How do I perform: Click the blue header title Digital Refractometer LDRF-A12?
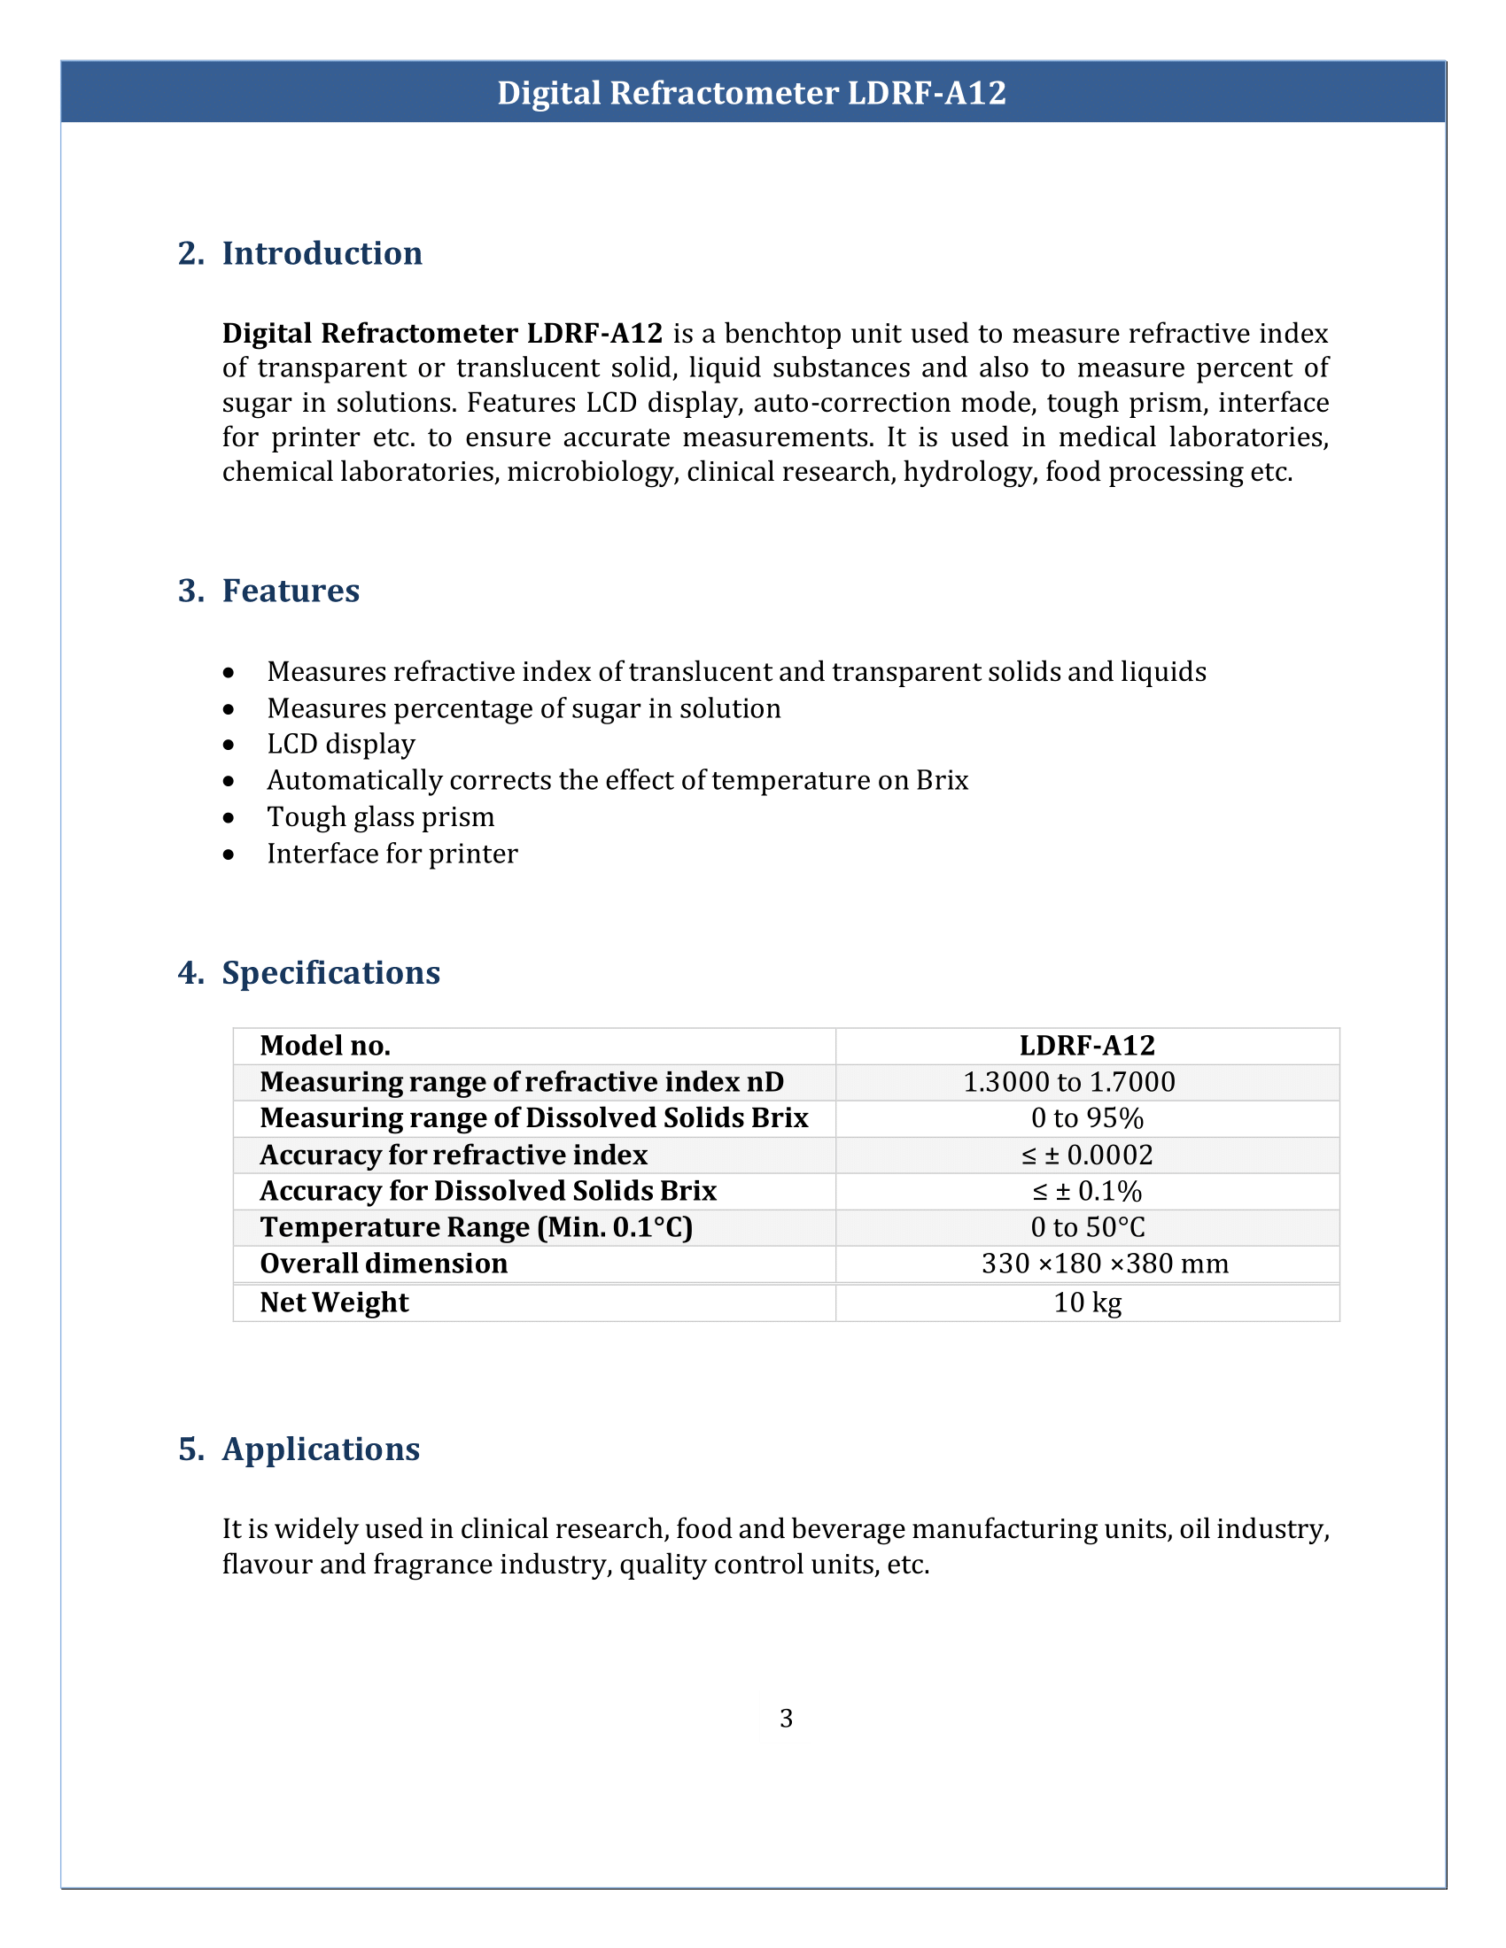751,93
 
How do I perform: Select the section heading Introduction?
322,253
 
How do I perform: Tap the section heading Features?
290,591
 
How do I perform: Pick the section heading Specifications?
330,972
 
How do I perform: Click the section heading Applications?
321,1449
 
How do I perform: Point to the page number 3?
786,1718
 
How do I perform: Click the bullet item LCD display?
341,744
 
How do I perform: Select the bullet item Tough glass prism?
380,817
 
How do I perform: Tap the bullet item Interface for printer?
392,854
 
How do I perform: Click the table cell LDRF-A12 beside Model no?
1087,1046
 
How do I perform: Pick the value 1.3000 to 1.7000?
1069,1082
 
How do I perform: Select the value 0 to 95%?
1087,1118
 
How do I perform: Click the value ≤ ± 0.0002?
1087,1155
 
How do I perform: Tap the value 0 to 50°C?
1087,1227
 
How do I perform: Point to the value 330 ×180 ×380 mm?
1105,1264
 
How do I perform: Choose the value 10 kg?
1087,1303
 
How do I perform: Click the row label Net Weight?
334,1303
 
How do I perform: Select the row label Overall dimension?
384,1264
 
